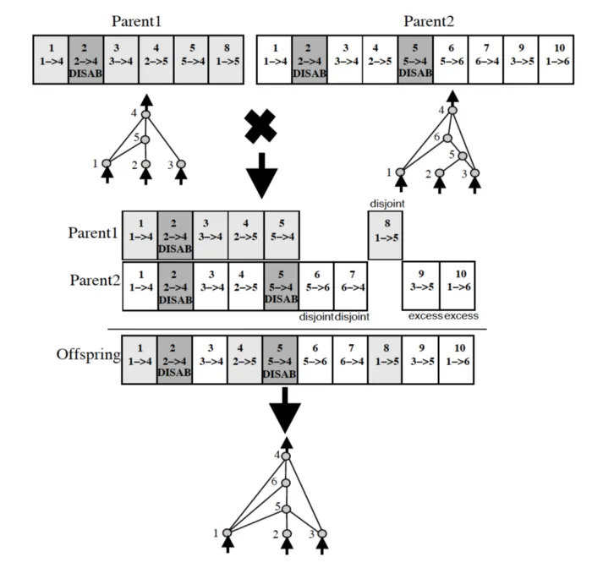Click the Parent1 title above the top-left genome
(136, 21)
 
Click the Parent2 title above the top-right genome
(429, 21)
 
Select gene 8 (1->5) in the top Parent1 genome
(227, 60)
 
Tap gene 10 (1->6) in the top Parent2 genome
(556, 60)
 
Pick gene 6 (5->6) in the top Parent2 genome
(451, 60)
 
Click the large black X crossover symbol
(260, 126)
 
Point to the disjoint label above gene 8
(387, 204)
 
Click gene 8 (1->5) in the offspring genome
(385, 360)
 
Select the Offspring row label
(88, 355)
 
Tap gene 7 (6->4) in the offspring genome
(350, 360)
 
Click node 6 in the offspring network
(286, 483)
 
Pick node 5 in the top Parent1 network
(145, 139)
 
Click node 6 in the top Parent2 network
(447, 139)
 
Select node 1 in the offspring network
(227, 532)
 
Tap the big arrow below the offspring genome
(285, 410)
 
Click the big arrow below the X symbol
(261, 176)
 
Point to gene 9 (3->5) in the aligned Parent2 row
(421, 286)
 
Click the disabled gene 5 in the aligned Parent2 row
(282, 286)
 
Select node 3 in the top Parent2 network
(475, 173)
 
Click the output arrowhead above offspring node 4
(287, 443)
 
